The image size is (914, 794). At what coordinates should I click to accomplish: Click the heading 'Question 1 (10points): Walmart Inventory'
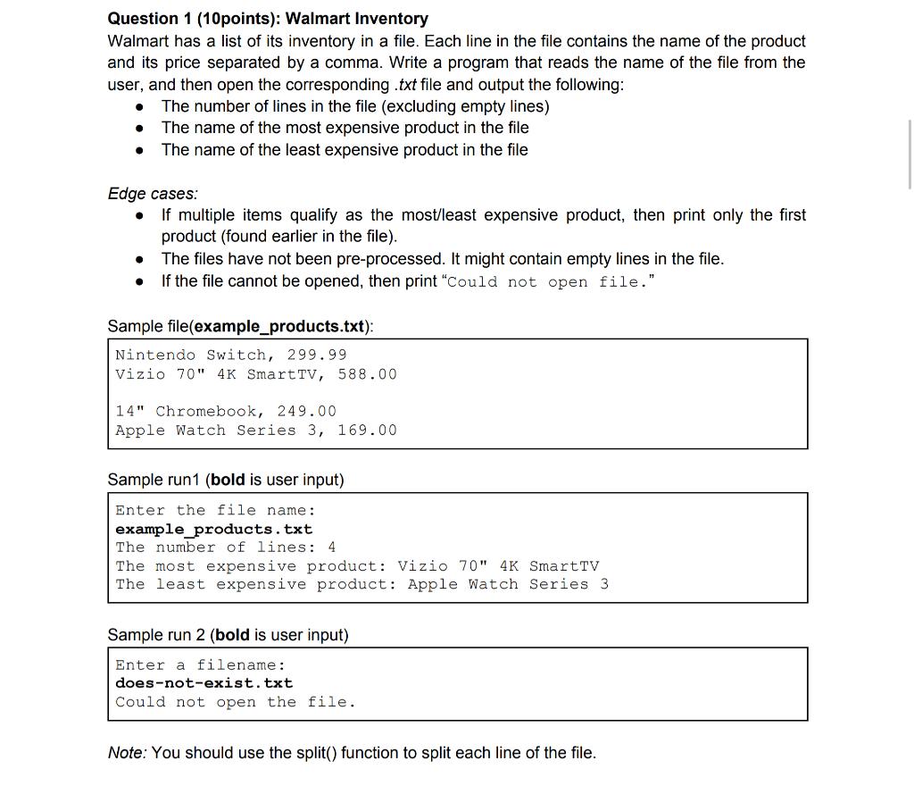pos(268,19)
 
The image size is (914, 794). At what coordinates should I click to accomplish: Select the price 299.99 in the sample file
pos(316,355)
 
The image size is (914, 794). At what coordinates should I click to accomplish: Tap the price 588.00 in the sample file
pos(367,374)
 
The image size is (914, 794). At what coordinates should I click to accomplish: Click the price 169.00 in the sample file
pos(367,430)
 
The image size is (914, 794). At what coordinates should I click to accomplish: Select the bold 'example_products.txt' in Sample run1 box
pos(213,529)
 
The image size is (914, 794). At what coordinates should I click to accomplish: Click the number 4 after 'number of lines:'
pos(332,547)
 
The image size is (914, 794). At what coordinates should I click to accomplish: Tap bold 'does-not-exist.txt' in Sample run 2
pos(204,683)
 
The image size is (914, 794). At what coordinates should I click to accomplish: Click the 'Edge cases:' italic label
pos(153,194)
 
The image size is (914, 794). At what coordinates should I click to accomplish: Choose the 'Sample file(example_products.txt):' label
pos(240,326)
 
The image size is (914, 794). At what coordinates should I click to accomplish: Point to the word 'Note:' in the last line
pos(127,753)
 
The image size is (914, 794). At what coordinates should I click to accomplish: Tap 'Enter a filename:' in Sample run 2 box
pos(200,664)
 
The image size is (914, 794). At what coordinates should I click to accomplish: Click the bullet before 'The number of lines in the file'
pos(140,107)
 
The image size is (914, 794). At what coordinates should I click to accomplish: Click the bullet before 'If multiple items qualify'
pos(140,216)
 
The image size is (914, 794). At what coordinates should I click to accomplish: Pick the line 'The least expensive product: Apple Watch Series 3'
pos(361,584)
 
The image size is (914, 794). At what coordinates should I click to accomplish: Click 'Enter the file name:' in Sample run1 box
pos(214,510)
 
